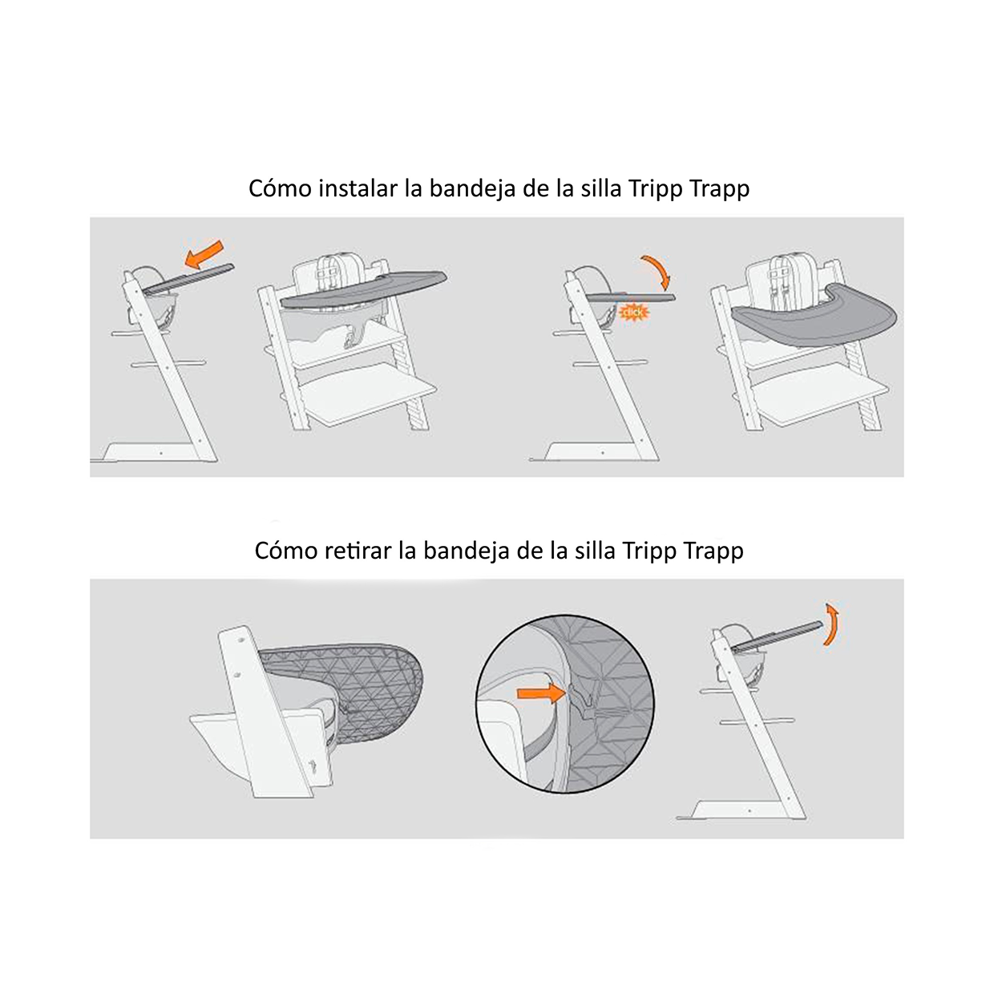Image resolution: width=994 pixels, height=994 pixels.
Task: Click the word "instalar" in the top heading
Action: pyautogui.click(x=358, y=188)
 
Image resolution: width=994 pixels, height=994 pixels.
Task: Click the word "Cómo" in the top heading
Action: pyautogui.click(x=278, y=188)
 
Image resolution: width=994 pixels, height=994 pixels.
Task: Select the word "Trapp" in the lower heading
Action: pyautogui.click(x=713, y=551)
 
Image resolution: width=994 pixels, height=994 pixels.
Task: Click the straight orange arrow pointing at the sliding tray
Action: pyautogui.click(x=204, y=254)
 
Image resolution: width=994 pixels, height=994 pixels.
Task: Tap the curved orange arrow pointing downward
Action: pyautogui.click(x=657, y=271)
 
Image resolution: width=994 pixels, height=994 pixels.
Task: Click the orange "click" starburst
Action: pyautogui.click(x=634, y=312)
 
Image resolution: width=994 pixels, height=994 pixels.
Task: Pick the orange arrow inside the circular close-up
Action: pyautogui.click(x=541, y=692)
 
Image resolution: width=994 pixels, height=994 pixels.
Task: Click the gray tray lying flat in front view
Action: pyautogui.click(x=813, y=317)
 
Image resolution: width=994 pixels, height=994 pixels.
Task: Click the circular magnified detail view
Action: pyautogui.click(x=564, y=704)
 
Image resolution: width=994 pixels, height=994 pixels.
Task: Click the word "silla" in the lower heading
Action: pyautogui.click(x=595, y=551)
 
